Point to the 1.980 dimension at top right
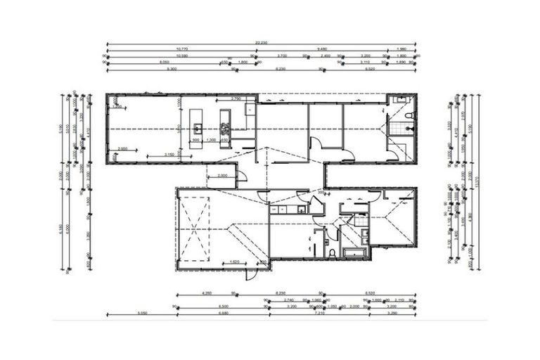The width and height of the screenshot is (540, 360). [x=401, y=49]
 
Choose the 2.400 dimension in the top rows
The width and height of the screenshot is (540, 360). [x=326, y=56]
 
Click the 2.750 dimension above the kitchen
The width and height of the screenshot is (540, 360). [x=237, y=99]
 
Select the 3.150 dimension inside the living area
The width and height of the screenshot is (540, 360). [x=169, y=154]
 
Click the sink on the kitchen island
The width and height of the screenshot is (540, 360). [x=199, y=129]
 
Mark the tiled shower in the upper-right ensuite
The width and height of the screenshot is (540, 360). [x=401, y=128]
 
